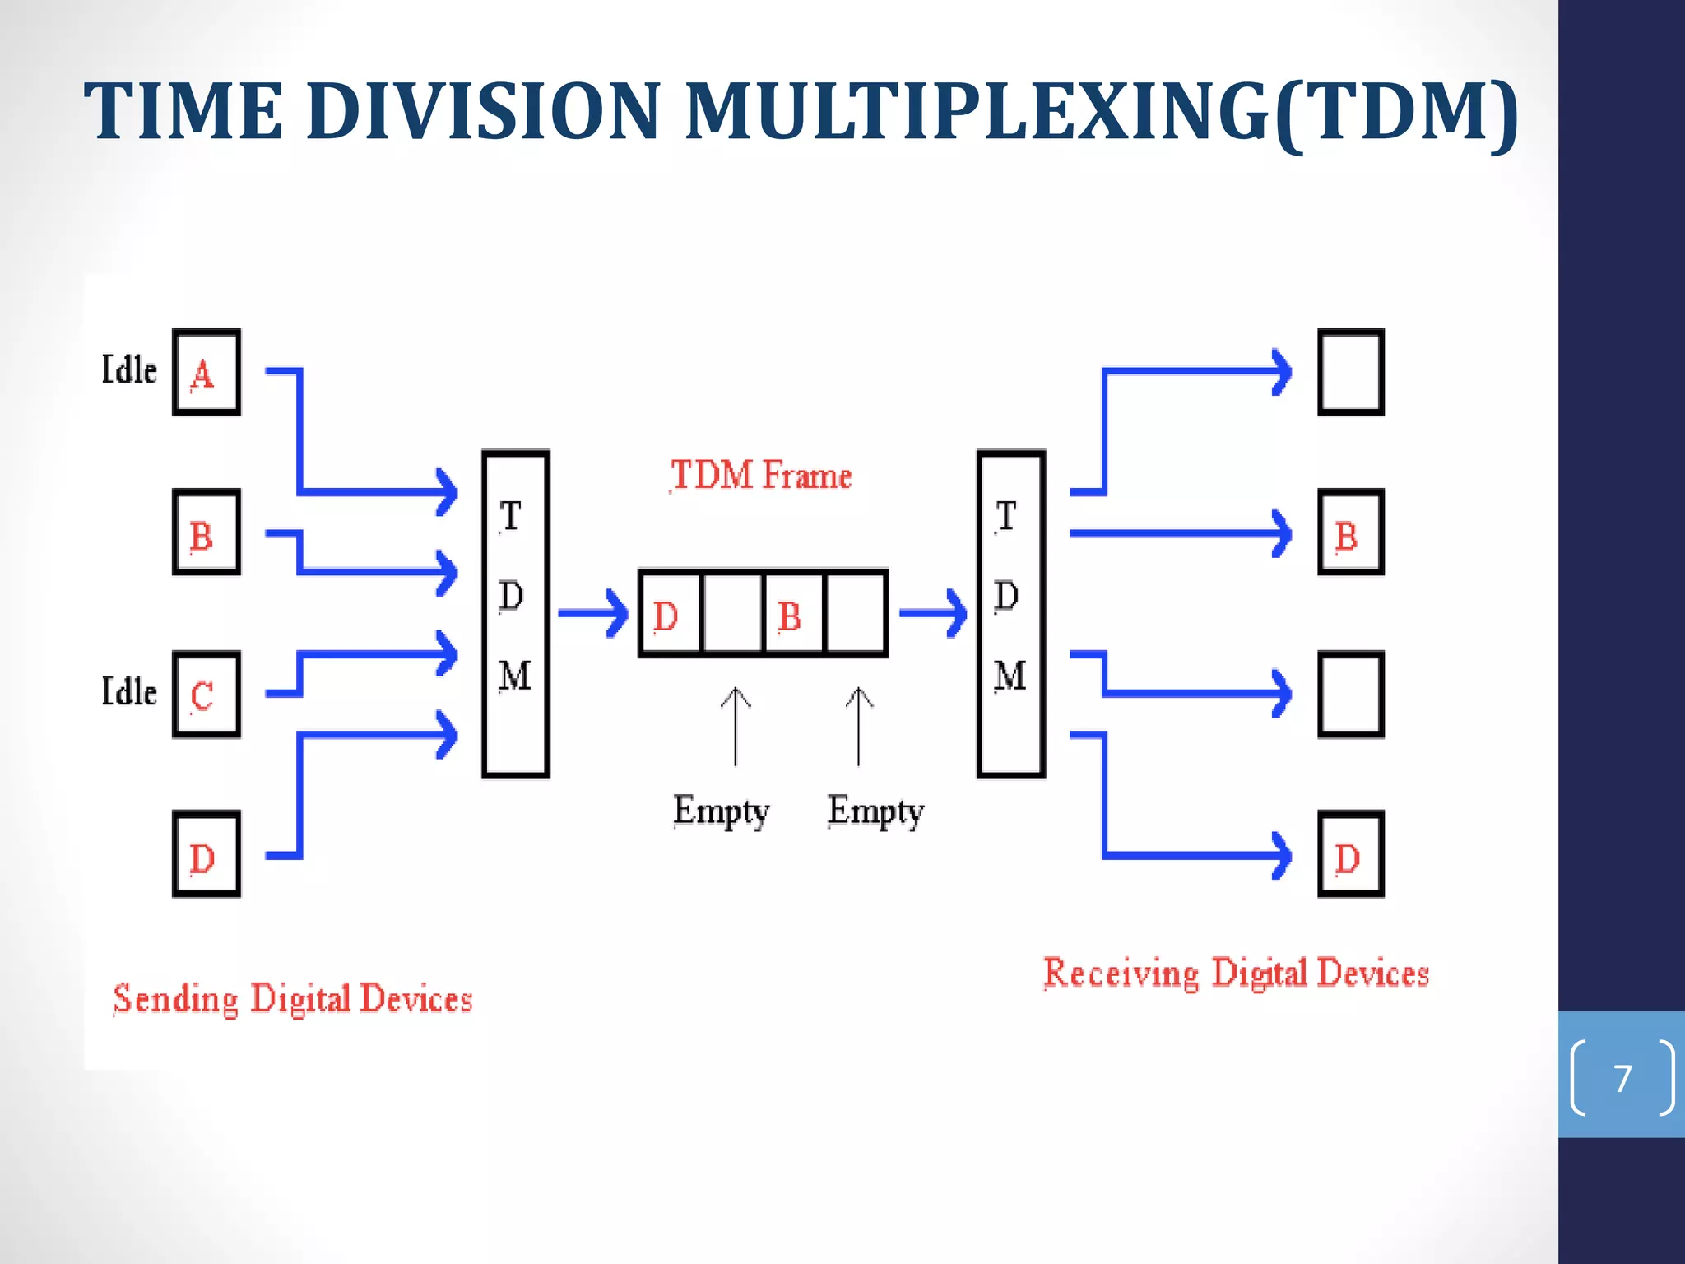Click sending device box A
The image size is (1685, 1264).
(207, 372)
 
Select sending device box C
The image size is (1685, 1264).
(207, 695)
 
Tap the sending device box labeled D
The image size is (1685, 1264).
(207, 854)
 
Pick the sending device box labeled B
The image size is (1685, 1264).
(207, 532)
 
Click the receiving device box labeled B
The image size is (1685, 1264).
(1351, 532)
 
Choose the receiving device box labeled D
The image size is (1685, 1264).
(1351, 854)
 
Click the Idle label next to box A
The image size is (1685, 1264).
(129, 369)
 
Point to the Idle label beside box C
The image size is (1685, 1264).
(129, 691)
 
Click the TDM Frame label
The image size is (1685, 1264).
(761, 476)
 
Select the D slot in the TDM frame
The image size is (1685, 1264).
(670, 614)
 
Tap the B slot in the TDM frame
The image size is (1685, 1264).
(793, 614)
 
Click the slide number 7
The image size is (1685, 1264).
(1622, 1078)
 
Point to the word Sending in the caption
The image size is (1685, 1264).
(175, 999)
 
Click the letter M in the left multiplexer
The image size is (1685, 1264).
(515, 676)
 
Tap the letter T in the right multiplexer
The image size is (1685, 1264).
(1005, 517)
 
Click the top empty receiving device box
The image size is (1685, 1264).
(1351, 372)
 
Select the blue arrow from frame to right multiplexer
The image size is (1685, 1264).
(933, 613)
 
